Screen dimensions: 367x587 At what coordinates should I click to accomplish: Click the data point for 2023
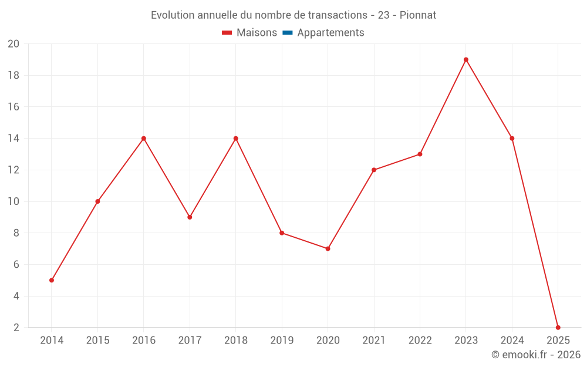[x=466, y=59]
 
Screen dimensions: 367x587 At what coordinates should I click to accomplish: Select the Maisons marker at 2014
[x=52, y=280]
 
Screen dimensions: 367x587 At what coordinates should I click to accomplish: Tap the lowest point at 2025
[x=558, y=327]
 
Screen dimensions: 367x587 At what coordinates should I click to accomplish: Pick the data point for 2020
[x=328, y=248]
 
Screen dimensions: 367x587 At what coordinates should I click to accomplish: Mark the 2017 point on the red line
[x=190, y=217]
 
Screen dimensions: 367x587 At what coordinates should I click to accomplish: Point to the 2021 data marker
[x=374, y=170]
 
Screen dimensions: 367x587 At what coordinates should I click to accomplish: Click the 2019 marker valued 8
[x=282, y=233]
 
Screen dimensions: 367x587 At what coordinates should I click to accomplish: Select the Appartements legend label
[x=330, y=33]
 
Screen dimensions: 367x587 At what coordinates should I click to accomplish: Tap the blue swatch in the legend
[x=288, y=33]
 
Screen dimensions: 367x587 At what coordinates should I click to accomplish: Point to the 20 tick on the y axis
[x=14, y=44]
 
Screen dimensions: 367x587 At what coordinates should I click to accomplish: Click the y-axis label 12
[x=14, y=170]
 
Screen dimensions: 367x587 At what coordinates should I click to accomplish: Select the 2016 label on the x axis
[x=144, y=341]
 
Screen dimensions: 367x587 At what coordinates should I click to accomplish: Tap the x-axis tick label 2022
[x=420, y=341]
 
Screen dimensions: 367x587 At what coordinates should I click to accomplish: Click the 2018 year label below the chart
[x=235, y=341]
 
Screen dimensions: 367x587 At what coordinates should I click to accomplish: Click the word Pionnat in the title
[x=418, y=15]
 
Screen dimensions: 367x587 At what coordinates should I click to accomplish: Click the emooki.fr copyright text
[x=536, y=355]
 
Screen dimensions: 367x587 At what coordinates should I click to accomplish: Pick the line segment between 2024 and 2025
[x=535, y=233]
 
